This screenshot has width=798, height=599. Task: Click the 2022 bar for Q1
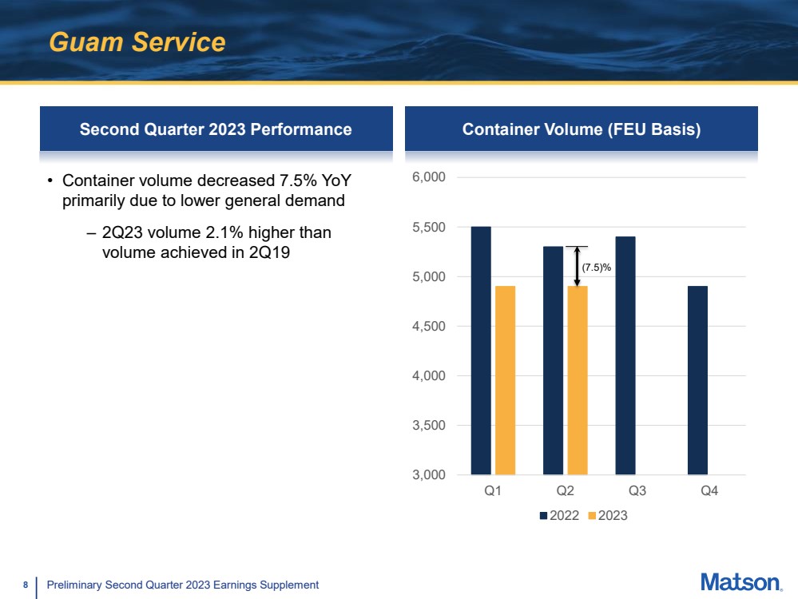481,351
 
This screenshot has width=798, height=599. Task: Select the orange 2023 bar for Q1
506,380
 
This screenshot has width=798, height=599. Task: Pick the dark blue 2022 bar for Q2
554,360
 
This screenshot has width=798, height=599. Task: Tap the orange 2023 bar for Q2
578,380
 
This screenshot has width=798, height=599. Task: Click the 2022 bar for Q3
625,355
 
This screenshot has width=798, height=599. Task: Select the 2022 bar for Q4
697,380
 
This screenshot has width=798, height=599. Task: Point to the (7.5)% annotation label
597,268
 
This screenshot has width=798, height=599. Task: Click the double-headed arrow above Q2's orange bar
577,266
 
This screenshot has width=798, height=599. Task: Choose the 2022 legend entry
559,515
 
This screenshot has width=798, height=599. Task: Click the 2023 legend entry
608,515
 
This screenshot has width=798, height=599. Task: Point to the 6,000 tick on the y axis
428,177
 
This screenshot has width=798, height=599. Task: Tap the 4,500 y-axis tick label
428,326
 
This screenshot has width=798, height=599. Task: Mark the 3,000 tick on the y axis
428,475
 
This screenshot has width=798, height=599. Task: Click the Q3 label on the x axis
637,490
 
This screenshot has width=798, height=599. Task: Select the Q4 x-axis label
709,490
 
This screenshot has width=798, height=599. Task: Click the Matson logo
741,582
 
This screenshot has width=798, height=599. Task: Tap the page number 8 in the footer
26,585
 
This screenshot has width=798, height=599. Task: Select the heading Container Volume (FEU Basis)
582,129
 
